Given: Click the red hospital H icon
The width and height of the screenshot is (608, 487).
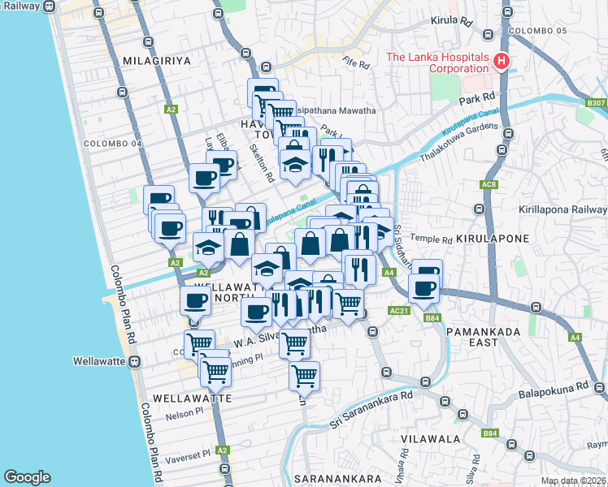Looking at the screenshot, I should [x=502, y=62].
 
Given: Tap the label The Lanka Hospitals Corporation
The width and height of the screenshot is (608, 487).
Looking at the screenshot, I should [x=436, y=62].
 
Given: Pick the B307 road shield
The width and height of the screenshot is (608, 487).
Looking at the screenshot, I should [x=596, y=103].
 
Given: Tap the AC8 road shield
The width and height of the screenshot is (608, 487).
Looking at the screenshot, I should [x=489, y=185].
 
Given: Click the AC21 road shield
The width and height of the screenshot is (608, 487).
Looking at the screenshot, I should [x=398, y=310].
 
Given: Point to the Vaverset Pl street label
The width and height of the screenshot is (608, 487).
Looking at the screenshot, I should [x=189, y=451].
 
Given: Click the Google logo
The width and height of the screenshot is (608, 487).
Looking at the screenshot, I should [x=28, y=477].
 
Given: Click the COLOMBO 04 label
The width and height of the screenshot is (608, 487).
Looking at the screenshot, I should [x=113, y=144].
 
